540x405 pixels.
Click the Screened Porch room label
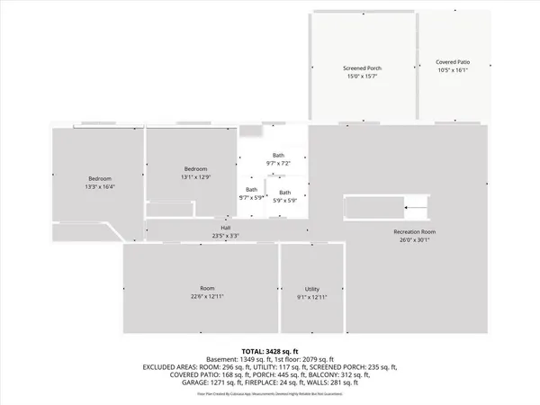point(364,68)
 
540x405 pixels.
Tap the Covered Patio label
point(454,62)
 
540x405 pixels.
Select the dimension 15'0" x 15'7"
point(364,76)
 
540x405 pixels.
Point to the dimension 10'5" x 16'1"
point(454,70)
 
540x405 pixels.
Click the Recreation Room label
point(414,232)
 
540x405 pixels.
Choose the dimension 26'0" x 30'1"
point(414,240)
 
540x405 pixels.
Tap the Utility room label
point(312,288)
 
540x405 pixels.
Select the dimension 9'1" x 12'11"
point(312,296)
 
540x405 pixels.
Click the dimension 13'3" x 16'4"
point(100,186)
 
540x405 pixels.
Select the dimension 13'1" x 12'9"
point(196,177)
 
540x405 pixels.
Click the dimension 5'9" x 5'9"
point(284,200)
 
